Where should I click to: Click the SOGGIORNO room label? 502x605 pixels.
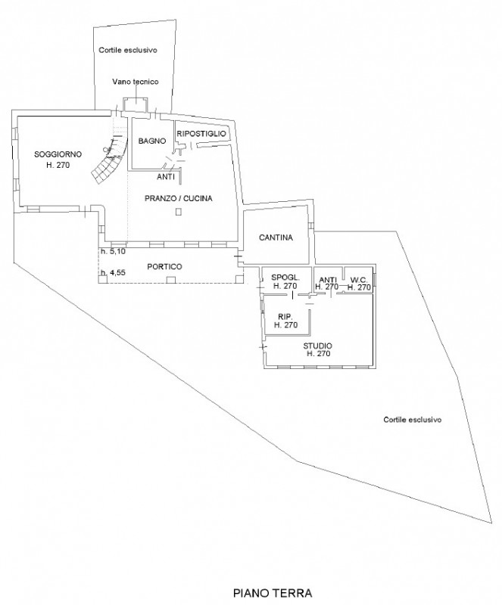[x=58, y=154]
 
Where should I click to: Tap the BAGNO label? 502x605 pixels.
[x=152, y=141]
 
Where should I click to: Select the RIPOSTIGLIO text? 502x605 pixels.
[x=201, y=134]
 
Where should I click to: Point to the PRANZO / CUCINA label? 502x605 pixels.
[x=179, y=198]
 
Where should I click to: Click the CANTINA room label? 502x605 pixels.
[x=276, y=237]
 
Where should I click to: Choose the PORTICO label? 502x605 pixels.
[x=164, y=267]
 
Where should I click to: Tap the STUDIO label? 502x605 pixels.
[x=318, y=346]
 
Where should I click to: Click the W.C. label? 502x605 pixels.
[x=359, y=280]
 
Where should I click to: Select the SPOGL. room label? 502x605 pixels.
[x=285, y=278]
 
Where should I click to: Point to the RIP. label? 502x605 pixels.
[x=285, y=317]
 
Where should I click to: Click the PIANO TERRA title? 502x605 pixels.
[x=273, y=593]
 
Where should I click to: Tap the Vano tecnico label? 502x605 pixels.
[x=136, y=82]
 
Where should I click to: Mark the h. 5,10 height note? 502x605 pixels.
[x=113, y=251]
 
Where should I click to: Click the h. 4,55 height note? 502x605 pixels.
[x=113, y=272]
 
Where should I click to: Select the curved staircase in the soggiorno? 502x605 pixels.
[x=109, y=161]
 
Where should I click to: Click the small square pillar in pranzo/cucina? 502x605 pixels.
[x=178, y=212]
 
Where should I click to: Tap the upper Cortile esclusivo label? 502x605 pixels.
[x=128, y=50]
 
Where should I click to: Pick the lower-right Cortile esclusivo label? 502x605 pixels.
[x=413, y=420]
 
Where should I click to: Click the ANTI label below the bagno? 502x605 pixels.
[x=166, y=177]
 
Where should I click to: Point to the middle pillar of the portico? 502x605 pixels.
[x=170, y=280]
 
